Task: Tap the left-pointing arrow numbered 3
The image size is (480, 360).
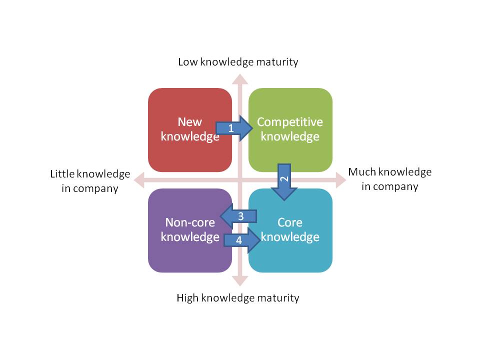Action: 239,216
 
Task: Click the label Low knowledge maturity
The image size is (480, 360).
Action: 238,62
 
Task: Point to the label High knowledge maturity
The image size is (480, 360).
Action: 238,298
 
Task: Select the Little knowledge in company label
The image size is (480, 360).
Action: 90,181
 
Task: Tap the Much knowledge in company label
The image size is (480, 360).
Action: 390,179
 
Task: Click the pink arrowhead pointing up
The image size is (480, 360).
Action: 240,79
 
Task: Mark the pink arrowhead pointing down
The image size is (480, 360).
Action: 240,281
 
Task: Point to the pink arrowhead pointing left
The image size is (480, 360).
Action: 138,180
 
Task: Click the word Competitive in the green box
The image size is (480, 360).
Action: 290,122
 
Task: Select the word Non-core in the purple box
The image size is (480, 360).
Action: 190,222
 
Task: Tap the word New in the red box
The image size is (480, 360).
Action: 190,122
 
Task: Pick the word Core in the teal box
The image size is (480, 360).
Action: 290,222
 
